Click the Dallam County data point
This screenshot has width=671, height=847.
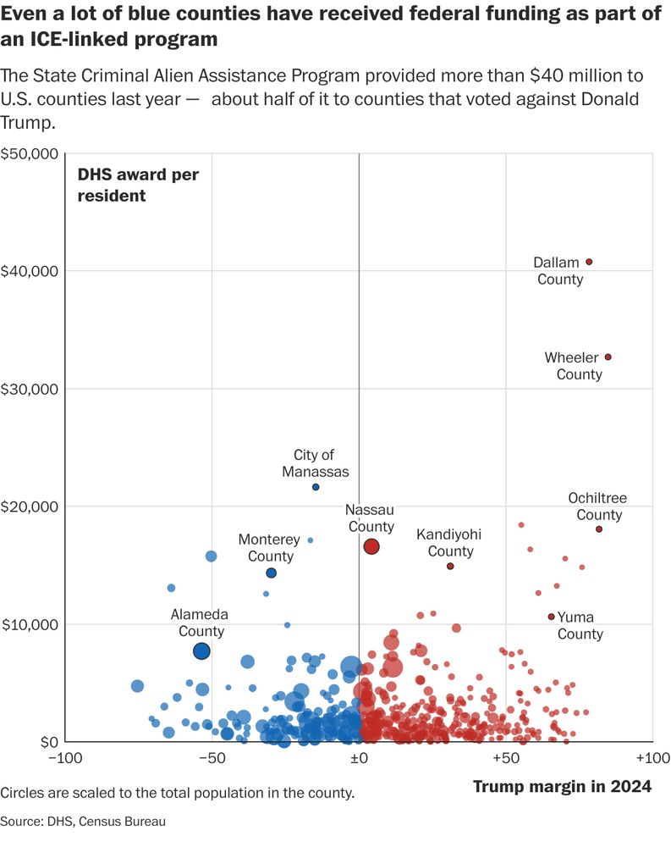coord(589,262)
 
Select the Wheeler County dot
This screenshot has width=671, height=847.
coord(608,357)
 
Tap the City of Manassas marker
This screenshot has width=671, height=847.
coord(316,487)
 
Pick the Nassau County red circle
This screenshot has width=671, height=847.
coord(371,547)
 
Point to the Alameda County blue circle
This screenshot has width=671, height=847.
coord(201,650)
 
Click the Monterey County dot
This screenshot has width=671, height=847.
coord(271,573)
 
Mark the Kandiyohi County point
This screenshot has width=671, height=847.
coord(450,566)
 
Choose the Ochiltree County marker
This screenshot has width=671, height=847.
coord(599,529)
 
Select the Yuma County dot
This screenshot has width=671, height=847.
coord(552,617)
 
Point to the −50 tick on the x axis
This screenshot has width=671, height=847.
coord(211,757)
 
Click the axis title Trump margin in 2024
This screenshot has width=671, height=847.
coord(562,787)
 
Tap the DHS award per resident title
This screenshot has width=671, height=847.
coord(138,185)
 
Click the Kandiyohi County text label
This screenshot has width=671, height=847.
coord(448,543)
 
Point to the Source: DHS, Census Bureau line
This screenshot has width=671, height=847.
coord(83,821)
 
